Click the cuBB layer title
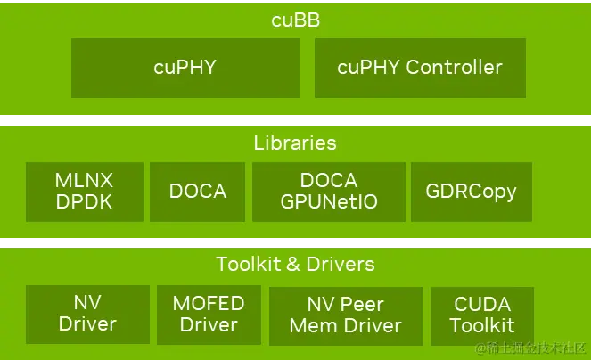point(295,20)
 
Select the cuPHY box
point(185,67)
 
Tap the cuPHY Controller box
point(420,67)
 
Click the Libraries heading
point(295,143)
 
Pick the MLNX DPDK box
point(85,192)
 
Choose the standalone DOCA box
point(198,192)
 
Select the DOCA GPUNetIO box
point(329,192)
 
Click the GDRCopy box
point(472,192)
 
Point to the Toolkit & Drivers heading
point(295,264)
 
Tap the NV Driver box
point(88,314)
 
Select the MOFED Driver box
point(209,314)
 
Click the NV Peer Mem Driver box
point(346,315)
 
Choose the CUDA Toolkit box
point(482,315)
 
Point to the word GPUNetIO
point(329,202)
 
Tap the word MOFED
point(209,303)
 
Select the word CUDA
point(482,304)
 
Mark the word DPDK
point(85,202)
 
